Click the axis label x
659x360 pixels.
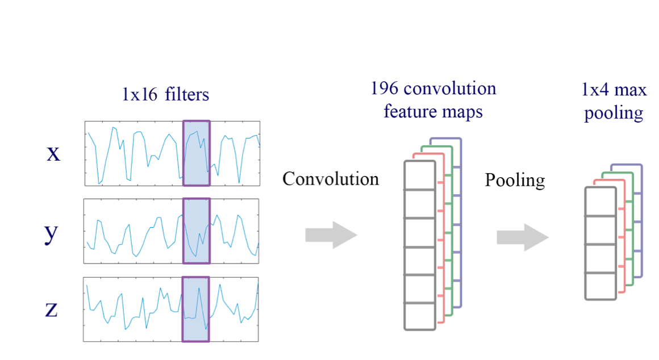[53, 153]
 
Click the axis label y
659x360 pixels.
[52, 233]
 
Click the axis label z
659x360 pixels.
[51, 309]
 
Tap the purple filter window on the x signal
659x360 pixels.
[196, 153]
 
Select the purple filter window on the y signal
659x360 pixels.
[196, 231]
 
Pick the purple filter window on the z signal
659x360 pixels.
[195, 309]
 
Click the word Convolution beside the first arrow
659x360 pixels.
[331, 179]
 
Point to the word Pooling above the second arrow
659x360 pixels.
[515, 181]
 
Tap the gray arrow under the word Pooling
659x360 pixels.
[522, 237]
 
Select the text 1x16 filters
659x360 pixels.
[165, 94]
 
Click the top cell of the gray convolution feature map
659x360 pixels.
[420, 175]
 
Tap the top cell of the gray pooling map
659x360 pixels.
[600, 202]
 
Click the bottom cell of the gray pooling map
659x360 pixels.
[600, 286]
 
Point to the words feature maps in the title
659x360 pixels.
[433, 111]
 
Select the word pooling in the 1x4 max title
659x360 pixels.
[614, 113]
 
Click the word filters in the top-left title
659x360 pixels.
[187, 94]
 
